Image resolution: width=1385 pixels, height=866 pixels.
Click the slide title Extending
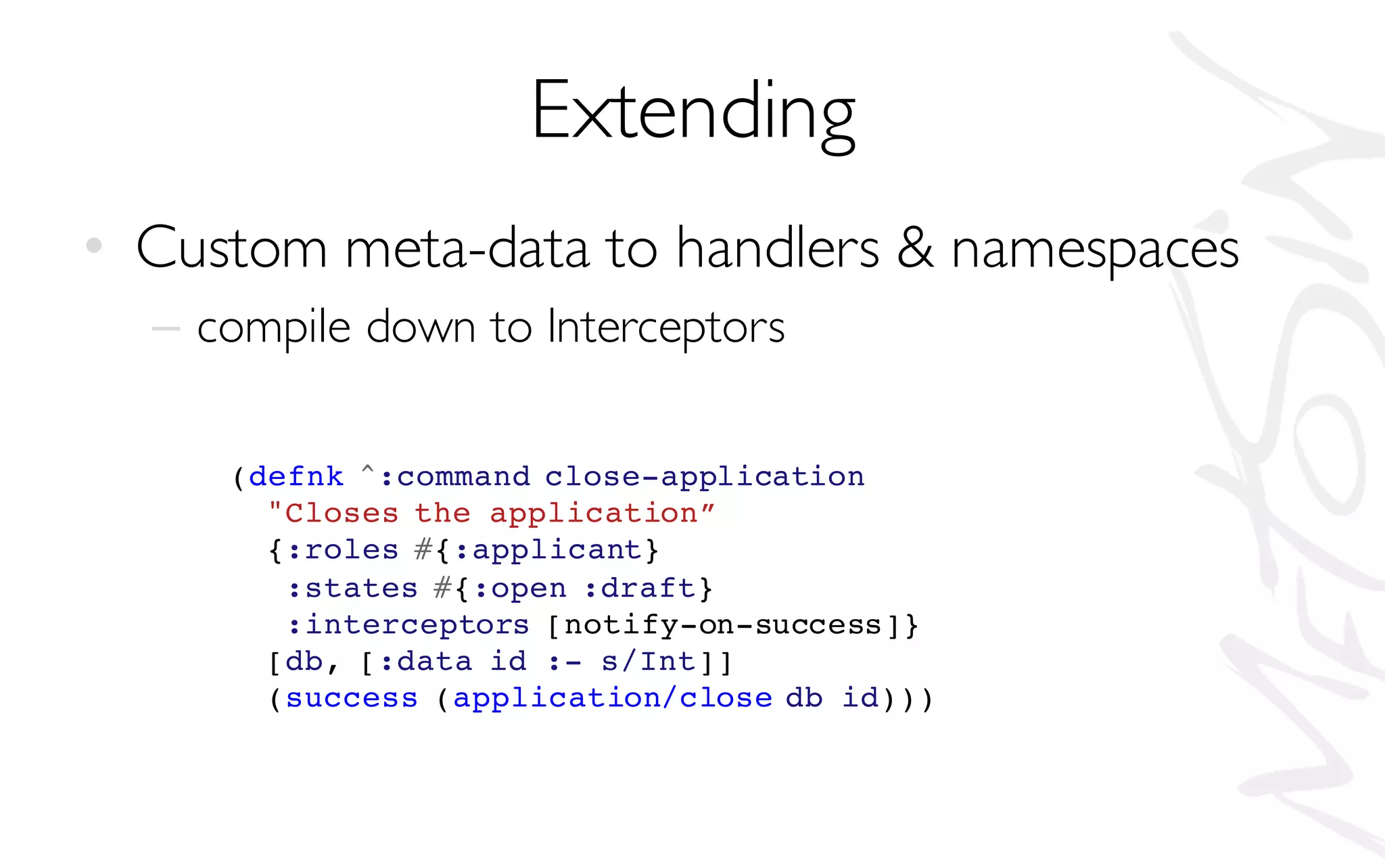pos(693,112)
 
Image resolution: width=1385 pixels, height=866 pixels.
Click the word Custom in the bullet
pos(232,249)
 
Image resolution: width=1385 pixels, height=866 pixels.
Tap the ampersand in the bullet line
pos(916,248)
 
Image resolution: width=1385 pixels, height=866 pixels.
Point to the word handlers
pos(778,248)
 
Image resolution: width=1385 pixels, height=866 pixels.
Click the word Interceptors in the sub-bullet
pos(665,327)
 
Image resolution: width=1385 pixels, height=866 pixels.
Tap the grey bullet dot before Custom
pos(94,245)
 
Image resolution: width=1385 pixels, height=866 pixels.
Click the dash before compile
pos(166,329)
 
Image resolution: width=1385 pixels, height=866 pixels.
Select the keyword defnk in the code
pos(296,477)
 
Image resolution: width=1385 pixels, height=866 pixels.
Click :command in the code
pos(455,477)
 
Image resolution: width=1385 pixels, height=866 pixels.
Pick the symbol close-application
pos(705,477)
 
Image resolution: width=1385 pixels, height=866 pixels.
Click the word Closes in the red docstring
pos(342,514)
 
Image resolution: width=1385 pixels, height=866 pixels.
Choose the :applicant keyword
pos(548,550)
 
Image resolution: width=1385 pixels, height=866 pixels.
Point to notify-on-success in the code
pos(723,625)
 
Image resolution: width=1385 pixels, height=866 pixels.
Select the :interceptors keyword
pos(408,625)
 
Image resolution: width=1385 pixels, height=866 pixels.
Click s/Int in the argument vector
pos(648,662)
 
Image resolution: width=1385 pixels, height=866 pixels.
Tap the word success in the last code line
pos(352,698)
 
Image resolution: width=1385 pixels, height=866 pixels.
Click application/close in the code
pos(612,698)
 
